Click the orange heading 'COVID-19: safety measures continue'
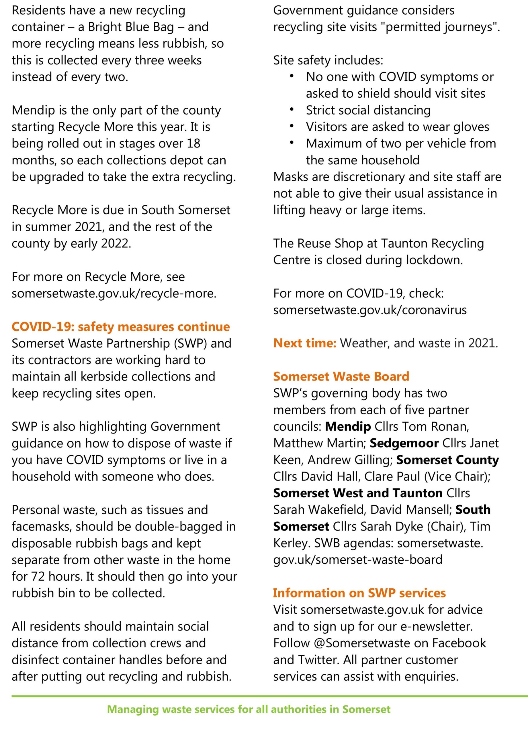point(121,327)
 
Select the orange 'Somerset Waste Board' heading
point(341,376)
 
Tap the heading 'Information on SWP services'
point(359,593)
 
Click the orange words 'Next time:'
point(305,343)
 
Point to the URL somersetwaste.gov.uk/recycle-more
point(114,293)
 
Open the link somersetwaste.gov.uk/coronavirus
point(370,310)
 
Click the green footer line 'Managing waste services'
point(249,709)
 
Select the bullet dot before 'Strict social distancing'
point(292,110)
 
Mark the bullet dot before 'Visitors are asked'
point(292,126)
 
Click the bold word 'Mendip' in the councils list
point(348,427)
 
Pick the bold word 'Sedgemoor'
point(404,443)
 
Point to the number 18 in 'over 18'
point(193,143)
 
